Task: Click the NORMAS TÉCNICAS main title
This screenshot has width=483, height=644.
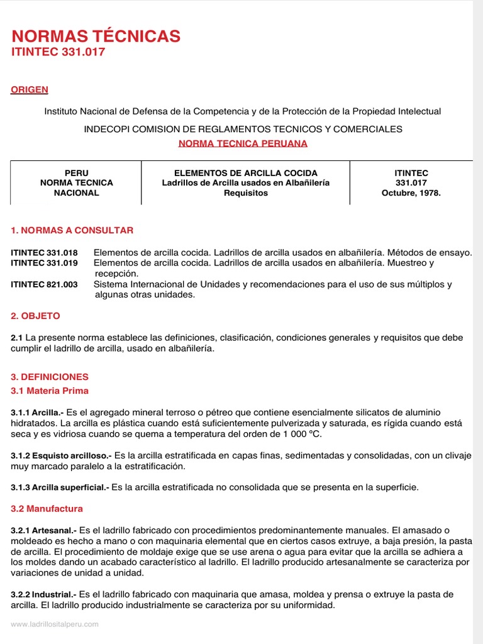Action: [96, 36]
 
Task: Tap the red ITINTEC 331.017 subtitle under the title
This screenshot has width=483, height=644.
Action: [58, 52]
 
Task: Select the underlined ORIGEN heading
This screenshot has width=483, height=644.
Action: [30, 90]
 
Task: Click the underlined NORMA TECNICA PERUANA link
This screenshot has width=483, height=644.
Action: [243, 143]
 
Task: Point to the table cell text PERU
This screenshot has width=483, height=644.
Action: [77, 173]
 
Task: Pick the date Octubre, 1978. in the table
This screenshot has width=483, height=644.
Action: [411, 193]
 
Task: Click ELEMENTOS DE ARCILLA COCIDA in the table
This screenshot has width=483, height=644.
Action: [245, 173]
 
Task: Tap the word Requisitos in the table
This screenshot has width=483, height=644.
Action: [245, 193]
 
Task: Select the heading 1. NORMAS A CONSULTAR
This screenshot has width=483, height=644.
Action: [72, 230]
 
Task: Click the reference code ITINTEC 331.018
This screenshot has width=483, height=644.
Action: [44, 253]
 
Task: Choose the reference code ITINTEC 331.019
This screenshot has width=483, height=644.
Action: [44, 263]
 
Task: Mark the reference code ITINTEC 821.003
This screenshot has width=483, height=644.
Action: [44, 284]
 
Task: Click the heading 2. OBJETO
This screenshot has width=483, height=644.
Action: [36, 316]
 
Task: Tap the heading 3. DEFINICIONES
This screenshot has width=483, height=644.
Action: [50, 377]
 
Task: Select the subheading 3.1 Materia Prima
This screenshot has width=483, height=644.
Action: [49, 391]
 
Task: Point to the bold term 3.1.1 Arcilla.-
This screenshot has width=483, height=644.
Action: [37, 413]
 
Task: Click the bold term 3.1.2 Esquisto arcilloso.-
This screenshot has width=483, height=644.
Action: [60, 456]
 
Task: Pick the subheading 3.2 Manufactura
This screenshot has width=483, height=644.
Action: [47, 508]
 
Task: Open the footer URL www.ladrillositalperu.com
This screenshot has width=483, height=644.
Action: [55, 625]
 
